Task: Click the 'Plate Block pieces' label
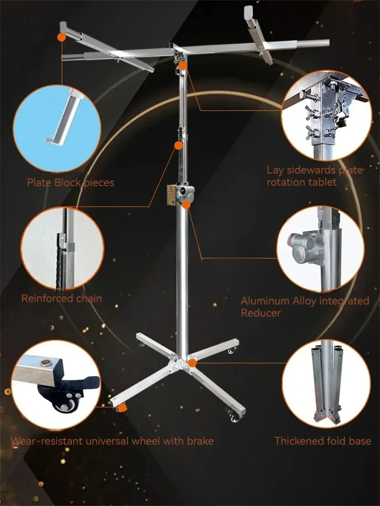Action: click(x=70, y=183)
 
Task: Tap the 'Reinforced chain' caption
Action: click(x=62, y=298)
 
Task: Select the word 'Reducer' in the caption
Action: click(x=261, y=313)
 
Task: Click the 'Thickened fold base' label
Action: click(x=323, y=441)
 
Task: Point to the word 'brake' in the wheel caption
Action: click(x=199, y=441)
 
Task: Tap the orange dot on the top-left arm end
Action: click(x=61, y=37)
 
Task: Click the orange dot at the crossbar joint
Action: click(x=182, y=66)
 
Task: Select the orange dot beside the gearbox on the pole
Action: click(x=186, y=204)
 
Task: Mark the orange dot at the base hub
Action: click(x=192, y=364)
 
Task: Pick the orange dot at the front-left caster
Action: click(x=123, y=408)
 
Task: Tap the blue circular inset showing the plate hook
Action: click(x=57, y=129)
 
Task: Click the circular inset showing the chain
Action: click(x=63, y=248)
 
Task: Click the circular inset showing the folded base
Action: click(x=326, y=384)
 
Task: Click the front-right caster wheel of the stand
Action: click(x=234, y=417)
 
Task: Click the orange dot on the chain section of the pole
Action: click(x=178, y=146)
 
